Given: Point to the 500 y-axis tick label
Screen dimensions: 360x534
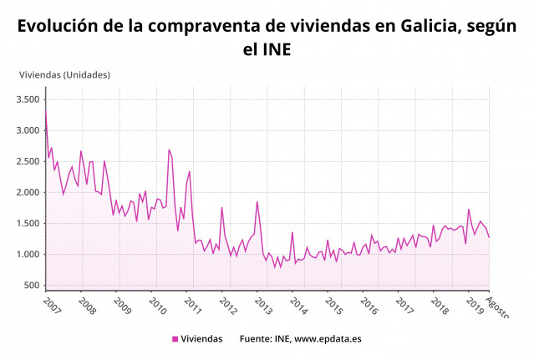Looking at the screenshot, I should coord(32,285).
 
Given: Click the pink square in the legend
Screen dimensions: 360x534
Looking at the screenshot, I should coord(175,339).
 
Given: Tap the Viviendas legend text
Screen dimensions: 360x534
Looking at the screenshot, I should coord(202,339).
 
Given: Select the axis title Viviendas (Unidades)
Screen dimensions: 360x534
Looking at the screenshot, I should coord(65,74).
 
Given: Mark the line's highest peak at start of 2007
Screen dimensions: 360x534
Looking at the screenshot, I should coord(46,111).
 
